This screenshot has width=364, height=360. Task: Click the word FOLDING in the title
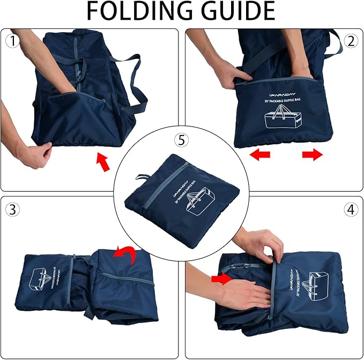click(137, 12)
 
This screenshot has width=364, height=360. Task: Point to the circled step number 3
click(12, 209)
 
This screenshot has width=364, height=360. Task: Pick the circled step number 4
click(351, 209)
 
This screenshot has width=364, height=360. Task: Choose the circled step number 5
click(182, 140)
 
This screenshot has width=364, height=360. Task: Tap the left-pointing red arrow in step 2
click(261, 155)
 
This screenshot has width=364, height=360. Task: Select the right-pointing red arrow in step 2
click(312, 155)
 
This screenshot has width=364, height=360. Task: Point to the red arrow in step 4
click(221, 278)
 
